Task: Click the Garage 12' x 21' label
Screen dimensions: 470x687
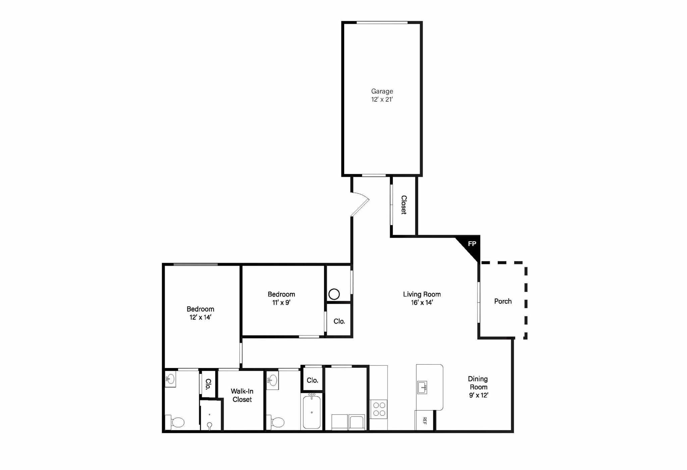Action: click(382, 95)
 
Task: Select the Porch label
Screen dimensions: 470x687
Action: click(503, 301)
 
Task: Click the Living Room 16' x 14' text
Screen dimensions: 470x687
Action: click(422, 298)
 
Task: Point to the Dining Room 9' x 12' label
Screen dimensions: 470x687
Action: click(478, 387)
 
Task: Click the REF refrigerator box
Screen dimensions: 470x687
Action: click(424, 420)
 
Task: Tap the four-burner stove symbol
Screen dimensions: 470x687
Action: click(379, 409)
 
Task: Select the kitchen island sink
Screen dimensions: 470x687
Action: click(422, 387)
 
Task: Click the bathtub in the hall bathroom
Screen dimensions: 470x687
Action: click(312, 412)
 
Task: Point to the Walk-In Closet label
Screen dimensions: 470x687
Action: click(242, 395)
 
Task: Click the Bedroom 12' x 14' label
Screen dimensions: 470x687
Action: click(200, 313)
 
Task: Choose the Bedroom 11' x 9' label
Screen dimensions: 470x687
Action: click(281, 298)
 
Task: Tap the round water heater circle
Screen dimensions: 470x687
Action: click(334, 294)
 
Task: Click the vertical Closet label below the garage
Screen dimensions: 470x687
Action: click(404, 205)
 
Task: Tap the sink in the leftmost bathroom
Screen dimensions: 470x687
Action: click(170, 379)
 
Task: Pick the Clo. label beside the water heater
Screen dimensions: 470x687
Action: click(339, 321)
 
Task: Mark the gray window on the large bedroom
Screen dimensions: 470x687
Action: click(196, 265)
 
